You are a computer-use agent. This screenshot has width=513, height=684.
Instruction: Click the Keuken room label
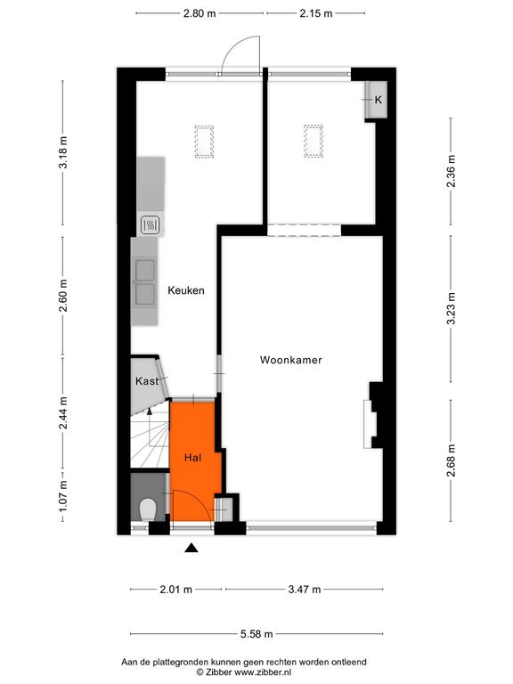click(186, 290)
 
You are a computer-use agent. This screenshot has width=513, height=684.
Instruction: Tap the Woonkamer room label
click(291, 360)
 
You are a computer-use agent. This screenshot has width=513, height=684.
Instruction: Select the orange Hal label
click(192, 458)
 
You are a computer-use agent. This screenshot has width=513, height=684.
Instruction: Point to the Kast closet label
click(147, 381)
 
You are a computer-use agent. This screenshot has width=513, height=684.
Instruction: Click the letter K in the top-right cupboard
click(379, 100)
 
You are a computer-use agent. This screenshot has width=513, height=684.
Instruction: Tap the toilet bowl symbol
click(148, 509)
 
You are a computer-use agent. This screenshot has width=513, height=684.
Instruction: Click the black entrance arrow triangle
click(191, 548)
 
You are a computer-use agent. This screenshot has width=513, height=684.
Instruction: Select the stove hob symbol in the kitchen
click(151, 225)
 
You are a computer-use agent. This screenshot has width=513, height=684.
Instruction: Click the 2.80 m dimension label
click(199, 13)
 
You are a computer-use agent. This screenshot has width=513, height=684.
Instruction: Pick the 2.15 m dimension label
click(316, 13)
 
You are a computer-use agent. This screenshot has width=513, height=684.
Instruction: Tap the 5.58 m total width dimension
click(256, 634)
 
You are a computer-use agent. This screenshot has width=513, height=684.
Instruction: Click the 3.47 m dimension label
click(305, 590)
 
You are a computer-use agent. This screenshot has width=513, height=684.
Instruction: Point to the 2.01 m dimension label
click(175, 590)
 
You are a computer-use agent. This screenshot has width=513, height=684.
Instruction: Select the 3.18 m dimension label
click(63, 152)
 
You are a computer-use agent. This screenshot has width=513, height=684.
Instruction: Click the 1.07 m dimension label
click(63, 496)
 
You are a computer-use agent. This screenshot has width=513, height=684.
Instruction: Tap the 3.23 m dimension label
click(451, 308)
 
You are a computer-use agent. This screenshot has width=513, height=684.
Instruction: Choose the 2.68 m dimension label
click(451, 460)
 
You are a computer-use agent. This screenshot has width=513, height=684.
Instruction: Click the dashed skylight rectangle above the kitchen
click(204, 142)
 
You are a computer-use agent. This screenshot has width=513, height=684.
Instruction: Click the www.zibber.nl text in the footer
click(263, 672)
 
